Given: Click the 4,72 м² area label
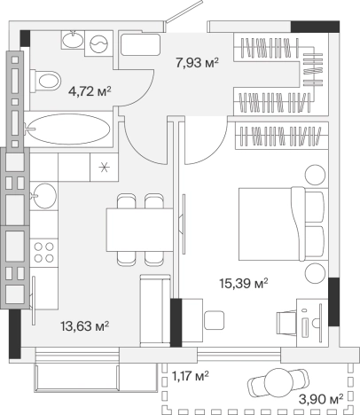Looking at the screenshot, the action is point(90,91).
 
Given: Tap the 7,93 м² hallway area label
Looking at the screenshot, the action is point(197,63).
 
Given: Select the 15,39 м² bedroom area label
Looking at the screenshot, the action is point(244,283).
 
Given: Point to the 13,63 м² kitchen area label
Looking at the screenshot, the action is point(85,326).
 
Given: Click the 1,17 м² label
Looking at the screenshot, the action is point(191,376).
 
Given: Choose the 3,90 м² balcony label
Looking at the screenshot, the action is point(321,400).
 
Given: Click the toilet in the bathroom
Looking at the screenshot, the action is point(46,81).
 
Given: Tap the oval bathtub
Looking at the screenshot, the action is point(70,129).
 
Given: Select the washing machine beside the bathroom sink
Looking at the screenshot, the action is point(98,43).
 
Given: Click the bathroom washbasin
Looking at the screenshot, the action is point(73,39).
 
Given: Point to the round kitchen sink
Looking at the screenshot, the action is point(44,195).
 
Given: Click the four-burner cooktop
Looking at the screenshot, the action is point(44,253).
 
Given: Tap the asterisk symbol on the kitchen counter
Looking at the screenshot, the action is point(104,168).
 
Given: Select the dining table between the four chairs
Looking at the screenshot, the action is point(139,230).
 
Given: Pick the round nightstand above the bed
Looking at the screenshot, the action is point(315,175).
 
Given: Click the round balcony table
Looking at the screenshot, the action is point(278,383).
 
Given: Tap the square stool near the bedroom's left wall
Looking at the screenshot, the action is point(214,320).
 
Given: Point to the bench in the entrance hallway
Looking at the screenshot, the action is point(140,44).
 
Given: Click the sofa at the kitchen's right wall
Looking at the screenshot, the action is point(155,310).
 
